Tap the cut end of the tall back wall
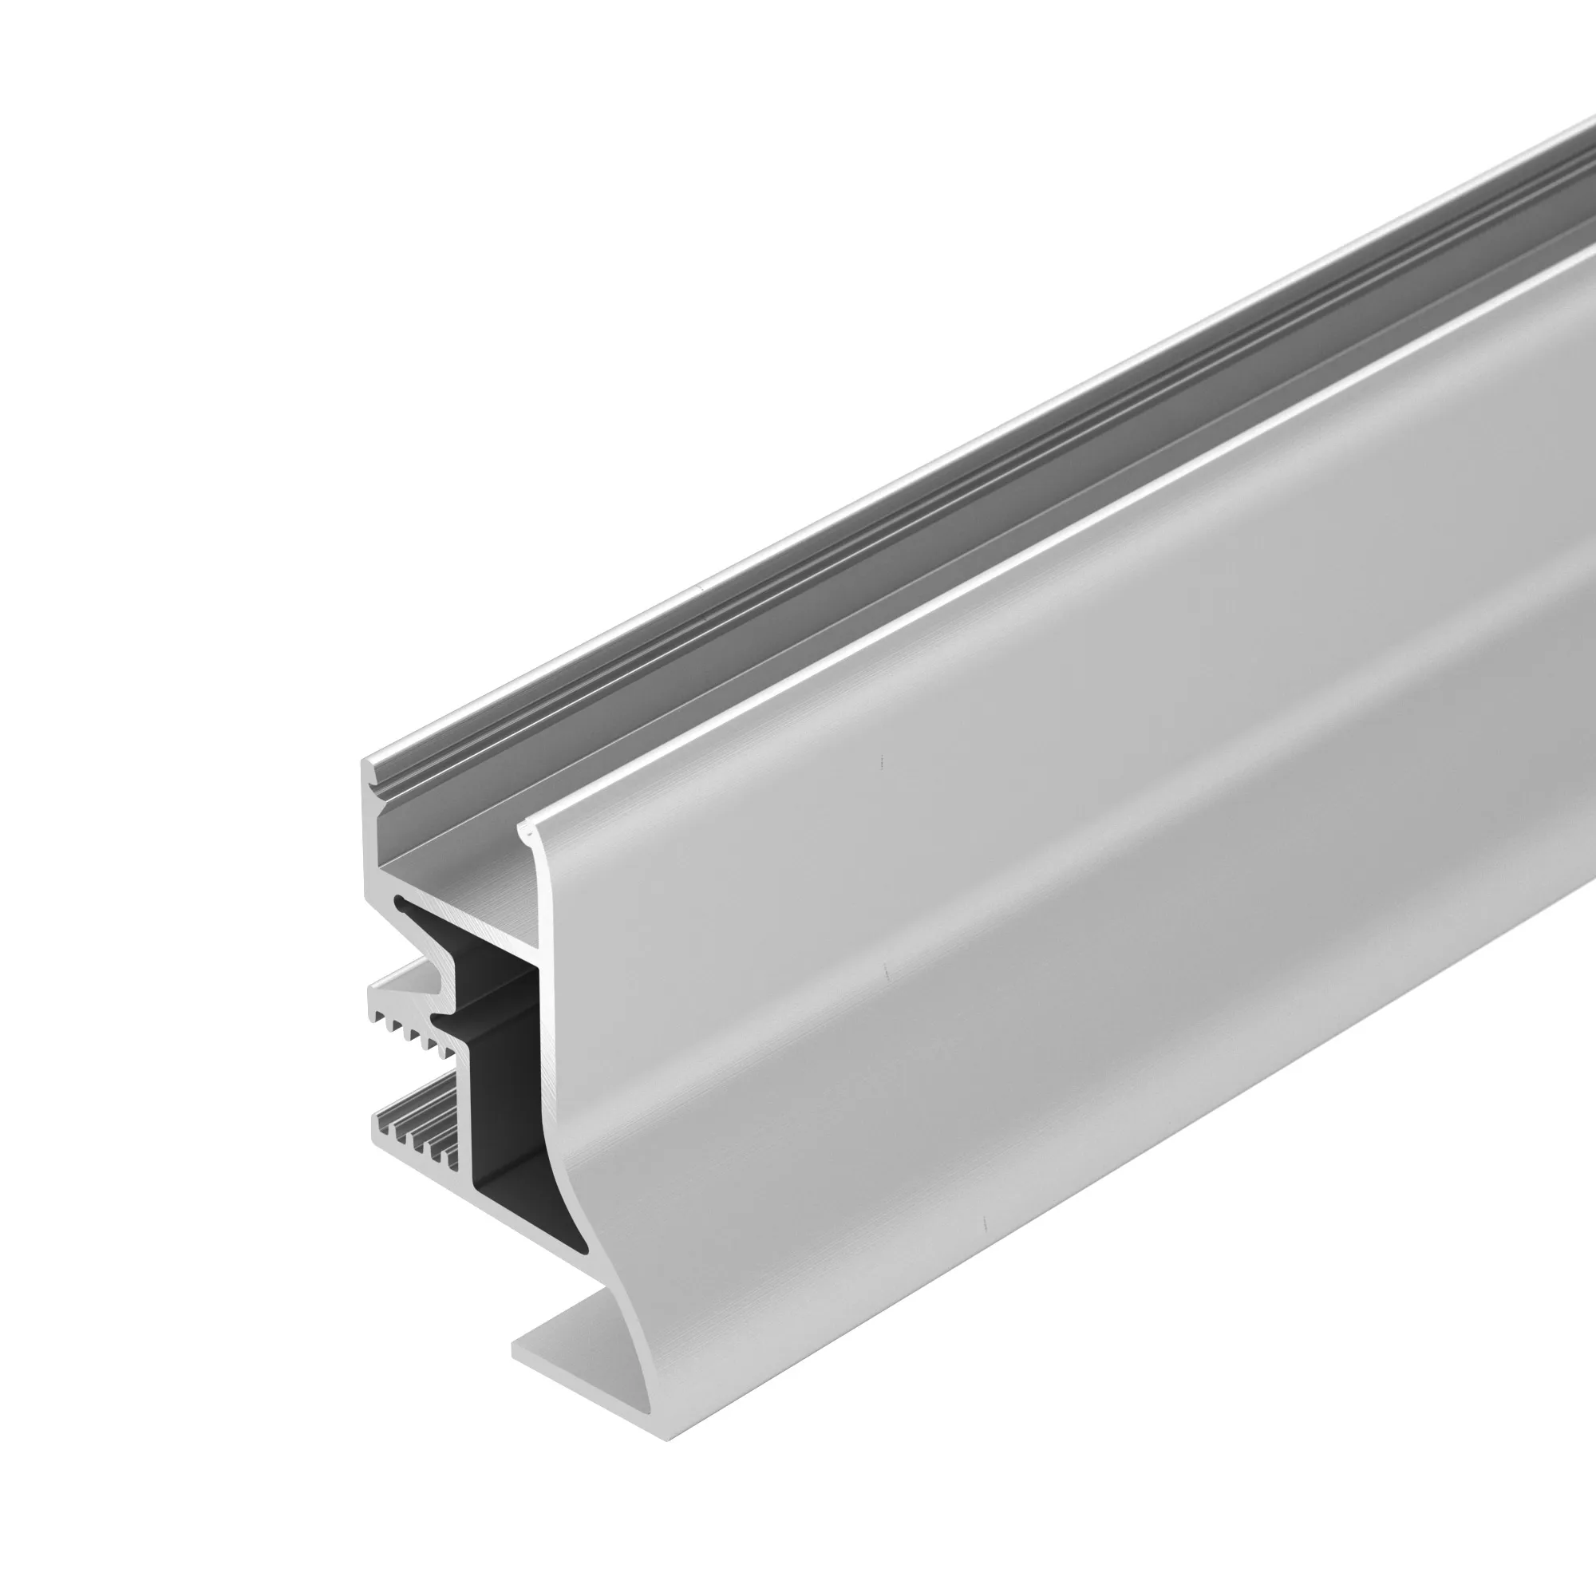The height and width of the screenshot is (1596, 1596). tap(369, 835)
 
